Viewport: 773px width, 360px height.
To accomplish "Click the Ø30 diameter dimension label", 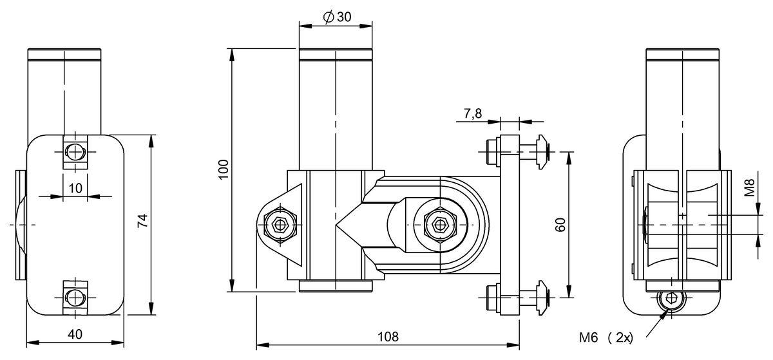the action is pos(337,16).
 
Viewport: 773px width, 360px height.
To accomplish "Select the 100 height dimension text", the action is pos(224,169).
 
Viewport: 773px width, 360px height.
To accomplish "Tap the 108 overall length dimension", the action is pos(388,337).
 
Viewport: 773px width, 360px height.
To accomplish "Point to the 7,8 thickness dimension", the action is pos(472,113).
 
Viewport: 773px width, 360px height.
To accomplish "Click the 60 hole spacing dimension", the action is pos(561,225).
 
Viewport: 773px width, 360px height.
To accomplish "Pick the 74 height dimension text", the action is pos(142,220).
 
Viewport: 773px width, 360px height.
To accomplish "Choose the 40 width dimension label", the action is pos(75,334).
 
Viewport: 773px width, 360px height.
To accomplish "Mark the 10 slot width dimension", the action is pos(75,188).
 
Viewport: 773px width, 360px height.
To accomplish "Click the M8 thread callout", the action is pos(749,188).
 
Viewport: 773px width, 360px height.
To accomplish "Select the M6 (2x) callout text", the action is pos(606,337).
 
